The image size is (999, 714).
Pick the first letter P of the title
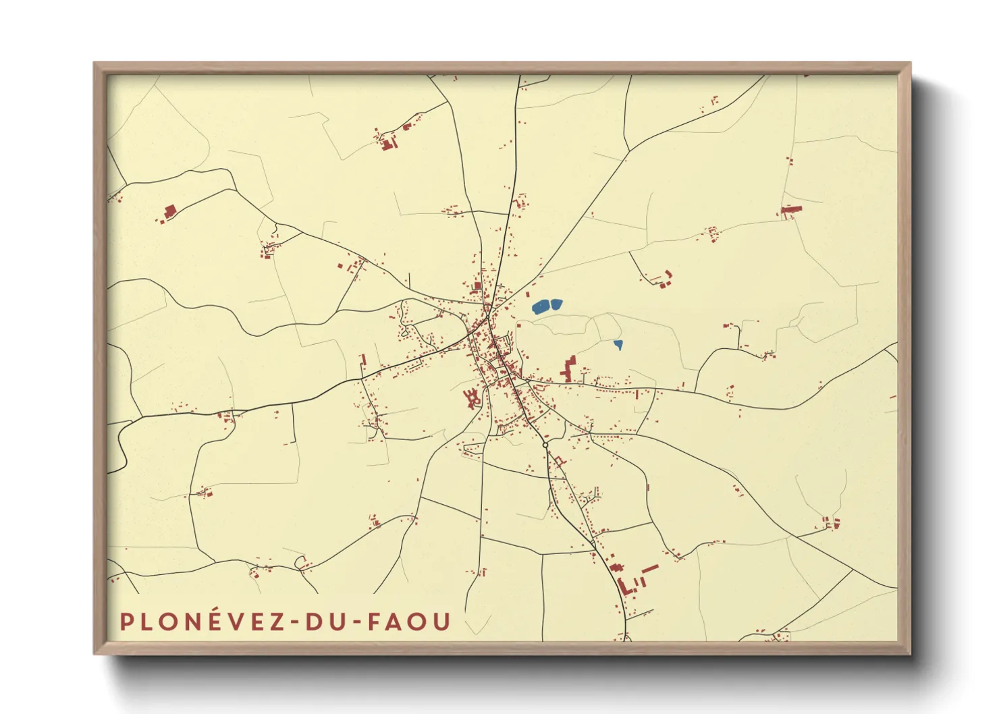coord(126,622)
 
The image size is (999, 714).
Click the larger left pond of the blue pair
coord(541,308)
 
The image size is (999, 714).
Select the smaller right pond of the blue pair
coord(557,304)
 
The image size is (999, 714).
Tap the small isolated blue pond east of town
coord(618,345)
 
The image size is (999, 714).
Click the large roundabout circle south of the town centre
coord(545,445)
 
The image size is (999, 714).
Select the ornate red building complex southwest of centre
coord(473,397)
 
